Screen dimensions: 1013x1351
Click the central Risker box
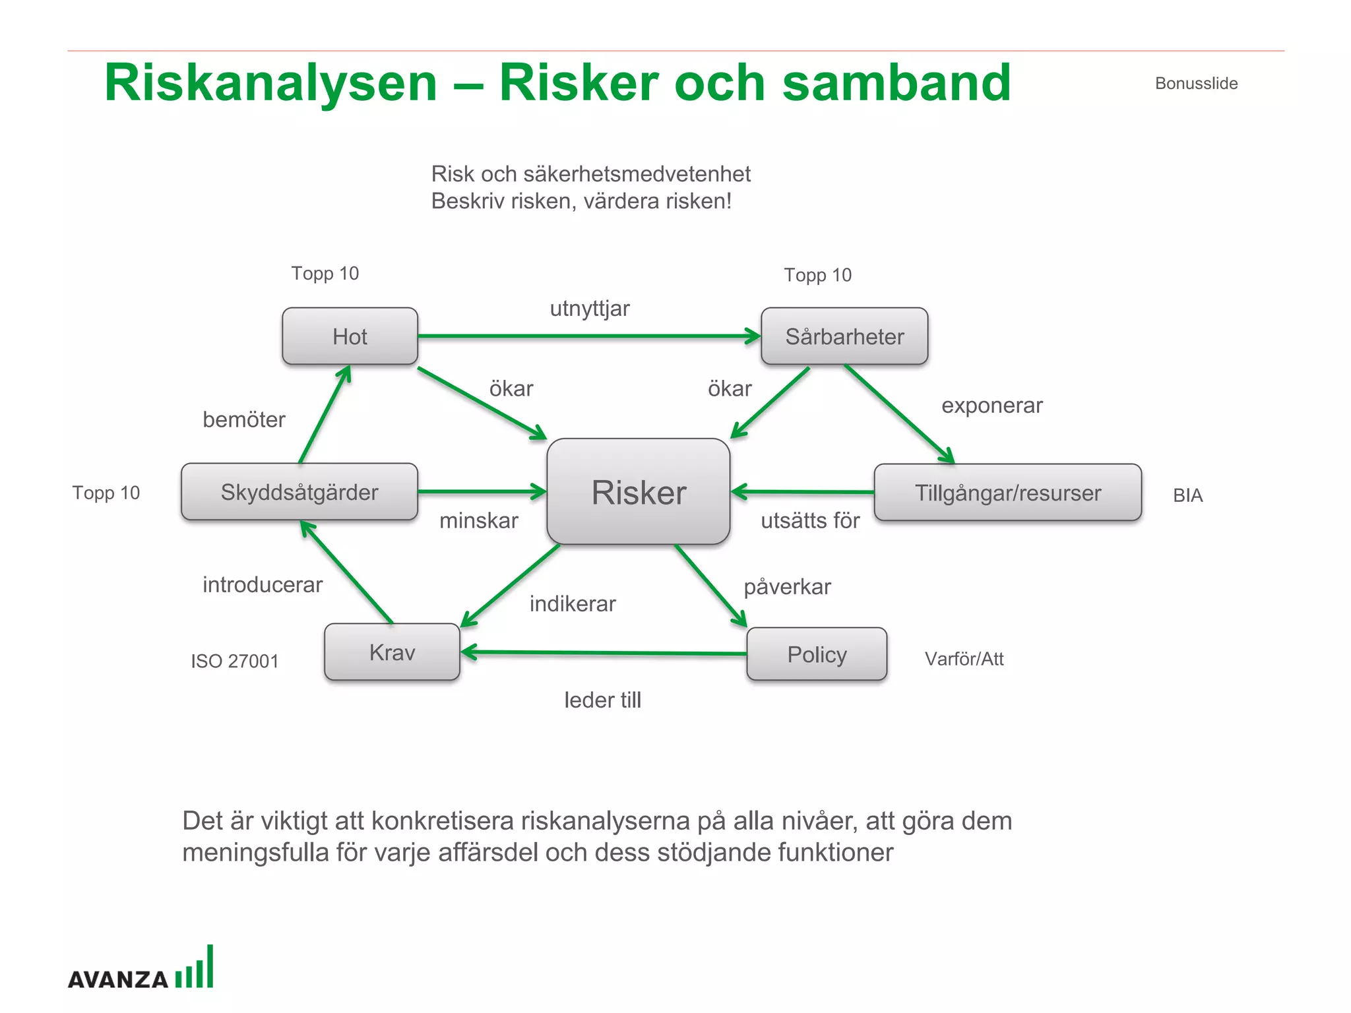tap(638, 492)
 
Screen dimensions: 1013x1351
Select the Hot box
tap(350, 336)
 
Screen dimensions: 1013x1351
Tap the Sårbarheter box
tap(844, 336)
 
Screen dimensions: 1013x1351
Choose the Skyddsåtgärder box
tap(299, 492)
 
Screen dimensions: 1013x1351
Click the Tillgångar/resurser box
tap(1007, 493)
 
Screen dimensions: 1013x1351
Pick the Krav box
tap(392, 652)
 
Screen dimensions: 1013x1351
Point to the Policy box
tap(817, 654)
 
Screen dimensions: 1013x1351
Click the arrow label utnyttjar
tap(590, 309)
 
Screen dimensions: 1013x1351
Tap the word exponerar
tap(991, 406)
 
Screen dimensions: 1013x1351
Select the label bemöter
tap(243, 419)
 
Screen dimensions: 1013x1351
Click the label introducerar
tap(262, 585)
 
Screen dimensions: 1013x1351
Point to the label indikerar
tap(573, 603)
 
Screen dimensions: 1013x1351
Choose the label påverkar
tap(787, 587)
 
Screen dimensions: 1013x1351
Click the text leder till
tap(602, 700)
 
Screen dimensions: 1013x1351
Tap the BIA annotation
tap(1187, 495)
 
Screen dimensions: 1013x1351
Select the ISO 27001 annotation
tap(235, 661)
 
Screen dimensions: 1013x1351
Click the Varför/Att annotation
tap(964, 659)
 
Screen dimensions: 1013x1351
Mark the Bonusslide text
tap(1196, 84)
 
